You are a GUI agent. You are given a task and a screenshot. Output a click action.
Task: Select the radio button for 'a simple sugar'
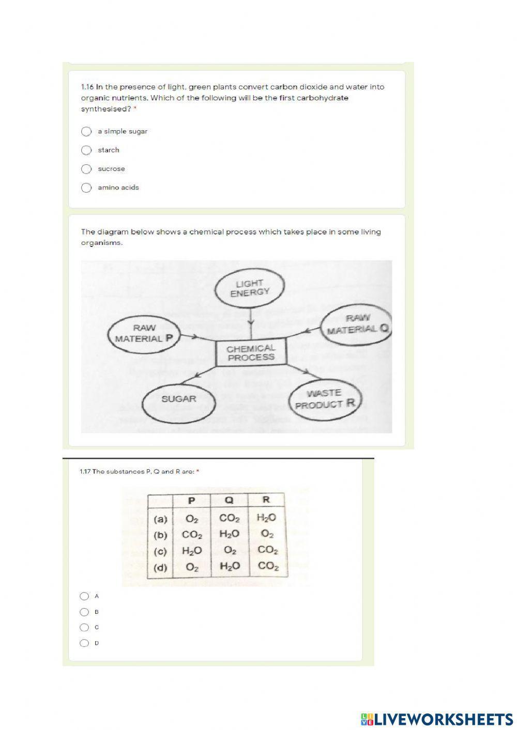[86, 131]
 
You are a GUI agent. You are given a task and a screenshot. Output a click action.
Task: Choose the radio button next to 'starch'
[86, 150]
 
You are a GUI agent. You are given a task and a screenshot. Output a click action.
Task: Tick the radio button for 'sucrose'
[86, 169]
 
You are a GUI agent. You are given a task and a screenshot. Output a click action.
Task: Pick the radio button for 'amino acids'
[86, 188]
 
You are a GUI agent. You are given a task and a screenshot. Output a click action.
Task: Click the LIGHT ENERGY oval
[250, 288]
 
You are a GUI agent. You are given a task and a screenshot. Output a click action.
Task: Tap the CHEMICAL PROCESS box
[251, 353]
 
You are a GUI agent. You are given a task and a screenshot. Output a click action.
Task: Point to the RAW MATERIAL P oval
[141, 334]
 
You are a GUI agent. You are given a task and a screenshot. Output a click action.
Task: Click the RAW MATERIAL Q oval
[357, 324]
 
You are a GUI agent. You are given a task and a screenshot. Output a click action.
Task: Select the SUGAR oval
[178, 399]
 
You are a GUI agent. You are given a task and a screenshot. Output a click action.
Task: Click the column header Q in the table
[229, 500]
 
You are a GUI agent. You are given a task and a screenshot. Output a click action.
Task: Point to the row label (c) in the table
[161, 551]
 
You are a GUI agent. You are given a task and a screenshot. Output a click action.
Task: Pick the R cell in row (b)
[267, 534]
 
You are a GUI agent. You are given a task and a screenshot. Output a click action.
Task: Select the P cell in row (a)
[192, 518]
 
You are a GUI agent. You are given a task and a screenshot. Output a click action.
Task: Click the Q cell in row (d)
[230, 567]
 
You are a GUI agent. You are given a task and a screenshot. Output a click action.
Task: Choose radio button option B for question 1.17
[84, 612]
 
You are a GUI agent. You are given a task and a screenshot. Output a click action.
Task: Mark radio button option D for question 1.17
[84, 643]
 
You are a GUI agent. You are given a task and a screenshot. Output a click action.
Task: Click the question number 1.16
[87, 87]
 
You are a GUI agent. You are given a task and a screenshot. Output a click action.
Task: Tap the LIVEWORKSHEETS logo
[437, 719]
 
